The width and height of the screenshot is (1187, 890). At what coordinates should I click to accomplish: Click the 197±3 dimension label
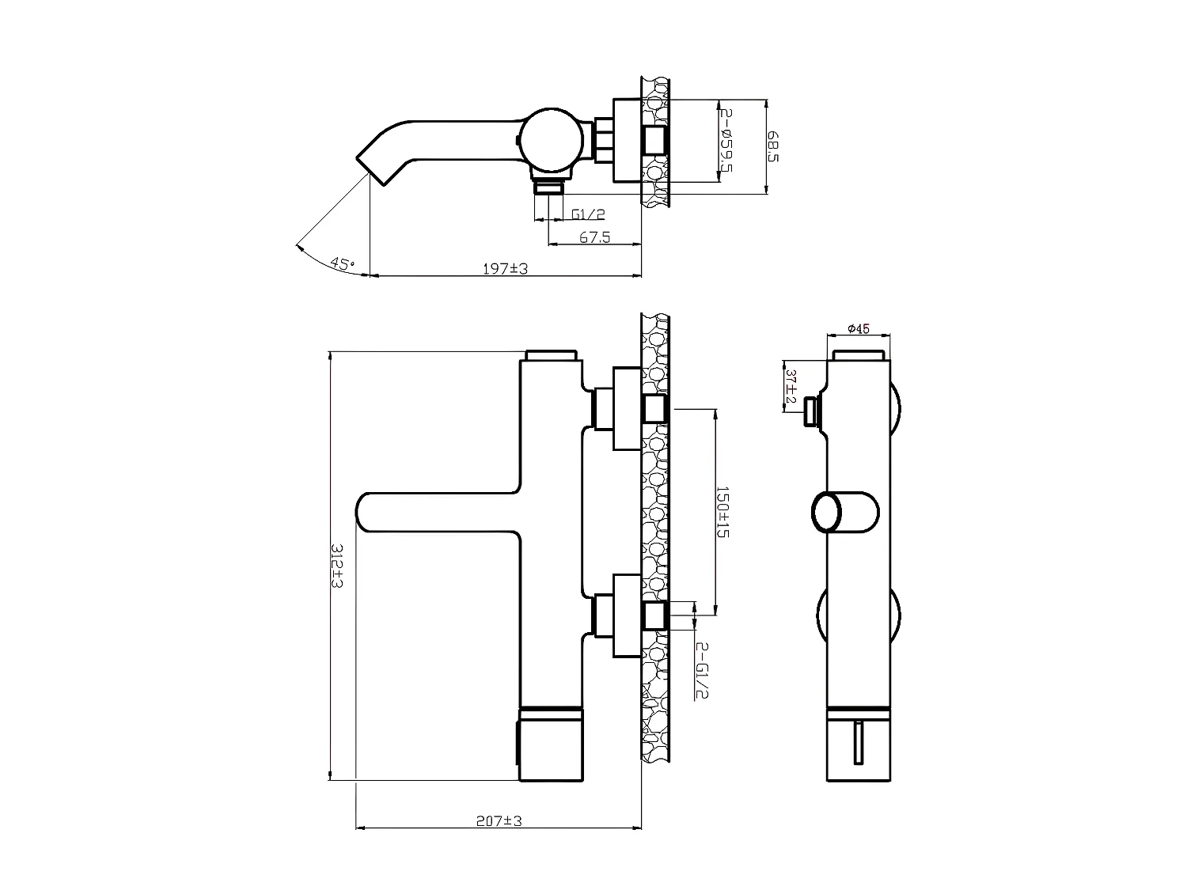pyautogui.click(x=505, y=269)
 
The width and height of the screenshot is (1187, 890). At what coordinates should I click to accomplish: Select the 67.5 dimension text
pyautogui.click(x=594, y=237)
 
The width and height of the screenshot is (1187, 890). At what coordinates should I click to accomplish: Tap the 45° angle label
pyautogui.click(x=343, y=263)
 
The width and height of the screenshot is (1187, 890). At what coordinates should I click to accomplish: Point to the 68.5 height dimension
pyautogui.click(x=773, y=146)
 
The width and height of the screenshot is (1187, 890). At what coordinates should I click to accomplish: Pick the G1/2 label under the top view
pyautogui.click(x=588, y=214)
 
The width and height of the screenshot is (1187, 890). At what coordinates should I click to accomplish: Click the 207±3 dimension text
pyautogui.click(x=499, y=821)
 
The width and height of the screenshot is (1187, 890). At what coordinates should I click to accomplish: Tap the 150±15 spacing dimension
pyautogui.click(x=722, y=512)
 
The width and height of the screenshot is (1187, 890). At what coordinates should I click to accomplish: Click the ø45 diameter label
pyautogui.click(x=858, y=329)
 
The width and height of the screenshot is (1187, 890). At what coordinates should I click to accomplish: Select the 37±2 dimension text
pyautogui.click(x=790, y=384)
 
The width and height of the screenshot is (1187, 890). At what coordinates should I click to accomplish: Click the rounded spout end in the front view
pyautogui.click(x=370, y=512)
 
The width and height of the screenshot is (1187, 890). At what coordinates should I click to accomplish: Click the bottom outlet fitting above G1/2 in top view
pyautogui.click(x=548, y=187)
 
